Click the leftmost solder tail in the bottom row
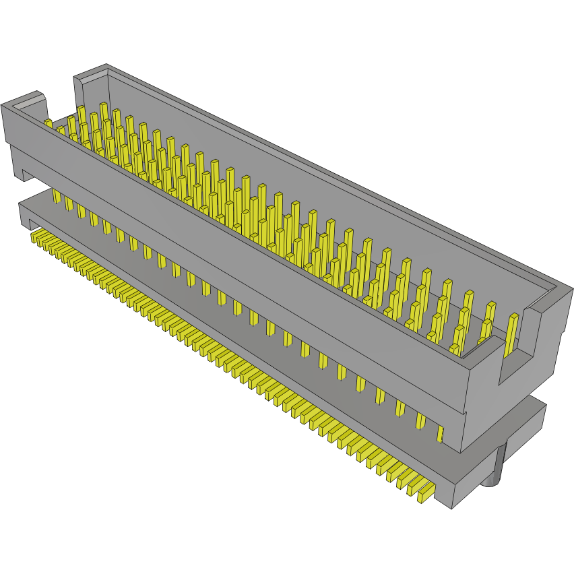[36, 236]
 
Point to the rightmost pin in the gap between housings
[441, 433]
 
